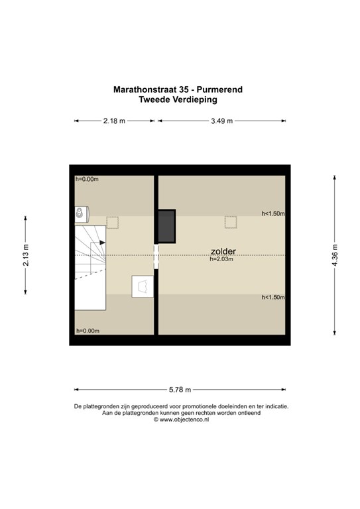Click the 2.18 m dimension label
(x=114, y=121)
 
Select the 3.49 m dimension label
(x=222, y=121)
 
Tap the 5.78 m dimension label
(x=180, y=390)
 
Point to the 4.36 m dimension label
(x=335, y=254)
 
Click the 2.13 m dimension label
(x=26, y=254)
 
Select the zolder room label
(x=223, y=251)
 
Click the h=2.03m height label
(x=221, y=259)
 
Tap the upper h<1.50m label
(x=273, y=213)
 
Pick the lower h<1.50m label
(x=273, y=298)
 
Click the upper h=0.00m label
(x=87, y=179)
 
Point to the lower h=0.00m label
(x=88, y=331)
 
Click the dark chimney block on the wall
(x=167, y=226)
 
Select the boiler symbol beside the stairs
(x=82, y=214)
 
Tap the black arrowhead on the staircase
(x=103, y=243)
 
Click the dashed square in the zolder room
(x=231, y=223)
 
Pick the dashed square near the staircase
(x=112, y=223)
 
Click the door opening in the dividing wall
(x=156, y=256)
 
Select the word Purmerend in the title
(x=219, y=89)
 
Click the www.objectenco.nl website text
(x=184, y=420)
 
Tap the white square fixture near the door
(x=143, y=286)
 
